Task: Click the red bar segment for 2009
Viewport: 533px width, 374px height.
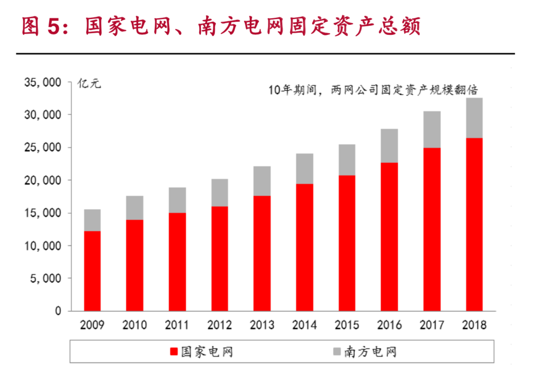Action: (x=92, y=271)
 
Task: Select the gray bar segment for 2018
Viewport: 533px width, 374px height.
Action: (x=474, y=118)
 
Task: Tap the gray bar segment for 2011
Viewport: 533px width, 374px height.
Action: (x=178, y=200)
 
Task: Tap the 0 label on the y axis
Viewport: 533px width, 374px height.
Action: (x=58, y=311)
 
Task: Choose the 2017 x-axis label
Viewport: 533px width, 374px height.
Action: (x=432, y=326)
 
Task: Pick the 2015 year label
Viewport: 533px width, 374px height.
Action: (x=347, y=326)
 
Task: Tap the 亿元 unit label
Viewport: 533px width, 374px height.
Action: (x=89, y=83)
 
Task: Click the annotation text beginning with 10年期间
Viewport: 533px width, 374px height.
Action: (x=373, y=90)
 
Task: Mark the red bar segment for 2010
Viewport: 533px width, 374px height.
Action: (x=135, y=265)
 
